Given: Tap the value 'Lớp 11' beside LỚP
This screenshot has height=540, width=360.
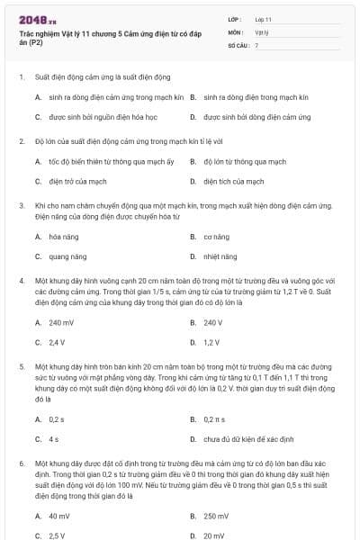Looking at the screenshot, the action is (x=264, y=18).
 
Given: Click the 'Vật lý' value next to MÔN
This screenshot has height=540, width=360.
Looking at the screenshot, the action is (x=262, y=31).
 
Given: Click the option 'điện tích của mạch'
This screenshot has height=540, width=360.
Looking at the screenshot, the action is (x=231, y=181).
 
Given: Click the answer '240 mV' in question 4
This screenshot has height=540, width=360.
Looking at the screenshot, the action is (x=62, y=322).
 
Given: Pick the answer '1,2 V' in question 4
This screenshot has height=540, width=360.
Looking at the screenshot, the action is (x=211, y=342).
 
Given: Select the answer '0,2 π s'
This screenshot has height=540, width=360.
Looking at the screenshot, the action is (x=216, y=419).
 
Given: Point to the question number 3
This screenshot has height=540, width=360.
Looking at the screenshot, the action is (x=22, y=205).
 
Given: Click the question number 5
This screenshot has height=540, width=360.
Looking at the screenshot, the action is (x=22, y=367).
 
